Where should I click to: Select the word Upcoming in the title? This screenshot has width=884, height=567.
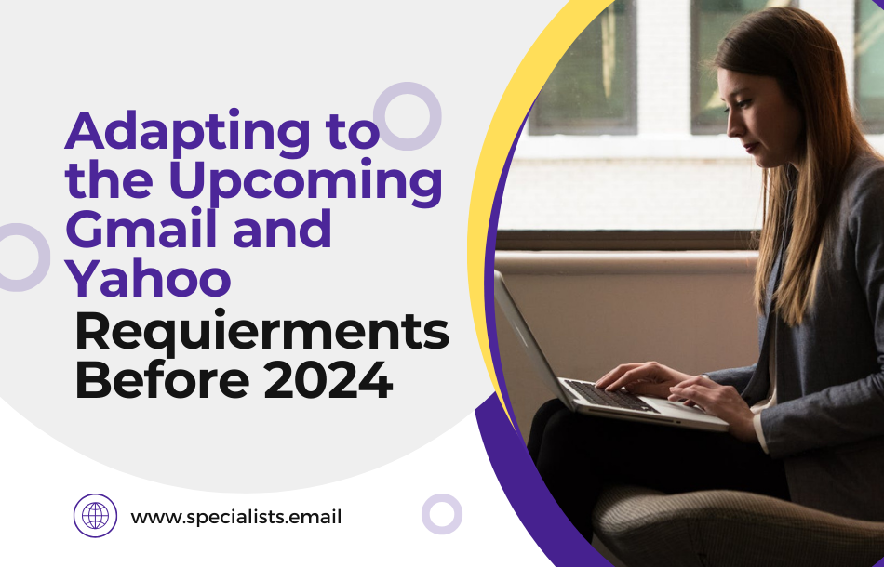pyautogui.click(x=305, y=180)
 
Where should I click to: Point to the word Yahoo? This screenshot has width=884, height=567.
pyautogui.click(x=148, y=277)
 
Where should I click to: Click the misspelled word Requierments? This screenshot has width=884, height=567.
pyautogui.click(x=262, y=334)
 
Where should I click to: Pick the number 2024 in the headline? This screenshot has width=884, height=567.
pyautogui.click(x=328, y=380)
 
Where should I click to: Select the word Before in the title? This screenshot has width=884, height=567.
pyautogui.click(x=162, y=380)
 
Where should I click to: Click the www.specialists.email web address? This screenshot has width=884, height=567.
pyautogui.click(x=236, y=516)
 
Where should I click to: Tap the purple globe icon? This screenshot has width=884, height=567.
pyautogui.click(x=95, y=515)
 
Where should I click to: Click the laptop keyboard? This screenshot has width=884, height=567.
pyautogui.click(x=609, y=395)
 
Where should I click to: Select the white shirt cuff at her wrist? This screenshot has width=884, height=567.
pyautogui.click(x=761, y=430)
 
